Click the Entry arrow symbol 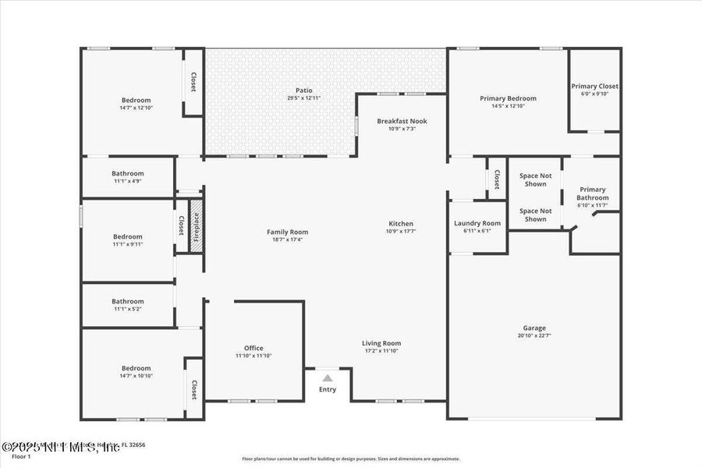(328, 378)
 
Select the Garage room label (534, 328)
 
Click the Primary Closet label (594, 86)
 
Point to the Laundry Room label (477, 223)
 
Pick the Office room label (253, 348)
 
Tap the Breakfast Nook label (402, 121)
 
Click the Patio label (303, 90)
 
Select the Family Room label (287, 232)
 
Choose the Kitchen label (401, 223)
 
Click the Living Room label (381, 343)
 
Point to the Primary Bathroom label (592, 193)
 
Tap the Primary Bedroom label (508, 98)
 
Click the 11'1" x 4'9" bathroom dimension (127, 182)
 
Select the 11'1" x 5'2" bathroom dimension (127, 309)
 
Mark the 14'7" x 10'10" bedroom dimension (136, 376)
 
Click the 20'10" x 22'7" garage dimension (534, 336)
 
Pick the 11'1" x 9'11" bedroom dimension (127, 244)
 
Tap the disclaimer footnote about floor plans (350, 459)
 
